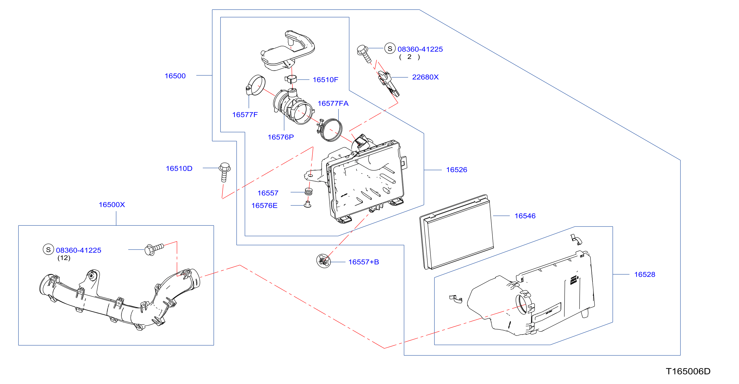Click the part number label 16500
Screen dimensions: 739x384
175,76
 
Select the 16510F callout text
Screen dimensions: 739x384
325,80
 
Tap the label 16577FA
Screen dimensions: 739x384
333,104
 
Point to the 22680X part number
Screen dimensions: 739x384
425,77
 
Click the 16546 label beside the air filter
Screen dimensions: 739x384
525,216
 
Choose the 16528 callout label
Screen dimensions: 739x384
645,275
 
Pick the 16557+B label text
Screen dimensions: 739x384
364,262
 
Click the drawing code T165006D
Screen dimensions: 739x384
688,371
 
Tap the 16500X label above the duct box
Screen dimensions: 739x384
112,205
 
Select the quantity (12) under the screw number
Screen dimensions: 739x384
64,258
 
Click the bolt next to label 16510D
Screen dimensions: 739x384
225,172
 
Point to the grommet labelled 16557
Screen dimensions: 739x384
308,191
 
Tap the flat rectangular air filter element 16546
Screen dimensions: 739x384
457,232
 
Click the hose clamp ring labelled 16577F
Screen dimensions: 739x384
255,85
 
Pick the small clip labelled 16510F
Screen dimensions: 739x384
291,79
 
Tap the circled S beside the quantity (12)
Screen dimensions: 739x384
48,249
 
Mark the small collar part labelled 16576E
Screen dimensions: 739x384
308,204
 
